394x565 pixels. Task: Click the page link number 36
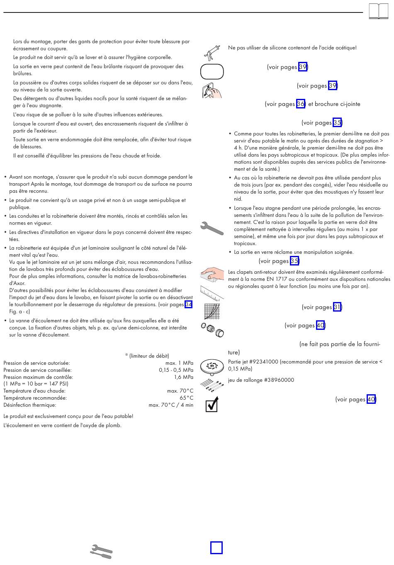(x=301, y=104)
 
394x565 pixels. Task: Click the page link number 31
(x=337, y=307)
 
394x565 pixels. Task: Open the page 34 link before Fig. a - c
(x=188, y=305)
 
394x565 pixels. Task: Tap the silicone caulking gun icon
(x=212, y=52)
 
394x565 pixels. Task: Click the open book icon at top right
(x=379, y=11)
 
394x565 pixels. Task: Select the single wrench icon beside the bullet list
(x=212, y=228)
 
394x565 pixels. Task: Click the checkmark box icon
(x=212, y=404)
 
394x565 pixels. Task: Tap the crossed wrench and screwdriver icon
(x=102, y=551)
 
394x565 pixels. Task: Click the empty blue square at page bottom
(x=216, y=548)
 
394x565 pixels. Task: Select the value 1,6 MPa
(x=183, y=377)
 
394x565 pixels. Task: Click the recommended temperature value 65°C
(x=186, y=398)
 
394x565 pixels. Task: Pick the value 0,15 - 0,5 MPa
(x=176, y=370)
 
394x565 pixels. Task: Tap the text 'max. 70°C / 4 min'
(x=171, y=405)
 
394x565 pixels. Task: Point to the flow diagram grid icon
(x=212, y=310)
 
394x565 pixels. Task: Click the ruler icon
(x=212, y=292)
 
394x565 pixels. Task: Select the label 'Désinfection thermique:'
(x=30, y=405)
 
